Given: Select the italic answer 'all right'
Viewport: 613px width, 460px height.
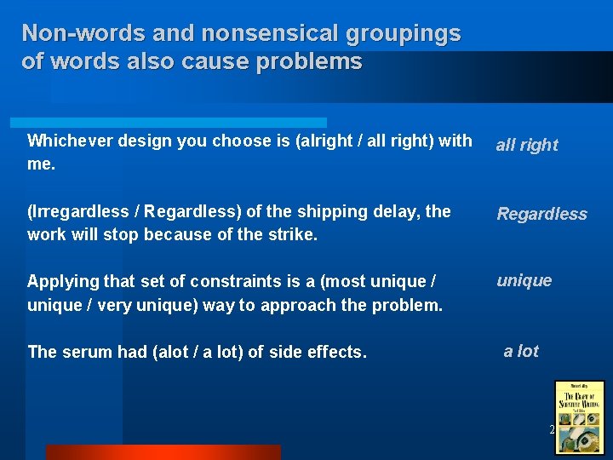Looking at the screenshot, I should pyautogui.click(x=527, y=145).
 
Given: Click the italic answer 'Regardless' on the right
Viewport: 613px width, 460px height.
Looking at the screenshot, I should pyautogui.click(x=542, y=214).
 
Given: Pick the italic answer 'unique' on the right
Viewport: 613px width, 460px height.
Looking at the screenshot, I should pyautogui.click(x=524, y=280).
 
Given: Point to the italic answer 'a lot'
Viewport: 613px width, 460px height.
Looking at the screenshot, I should pyautogui.click(x=521, y=351).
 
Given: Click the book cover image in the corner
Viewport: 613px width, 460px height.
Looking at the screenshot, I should pyautogui.click(x=579, y=416).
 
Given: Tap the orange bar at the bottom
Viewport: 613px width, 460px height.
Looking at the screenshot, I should pyautogui.click(x=163, y=452).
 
